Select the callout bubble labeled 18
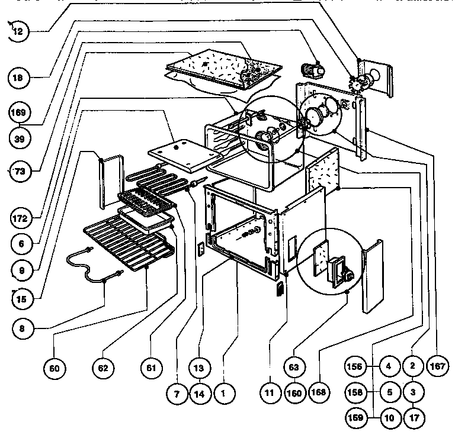[20, 76]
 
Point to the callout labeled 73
[20, 171]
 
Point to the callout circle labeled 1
[223, 394]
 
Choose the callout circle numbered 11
[269, 394]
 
